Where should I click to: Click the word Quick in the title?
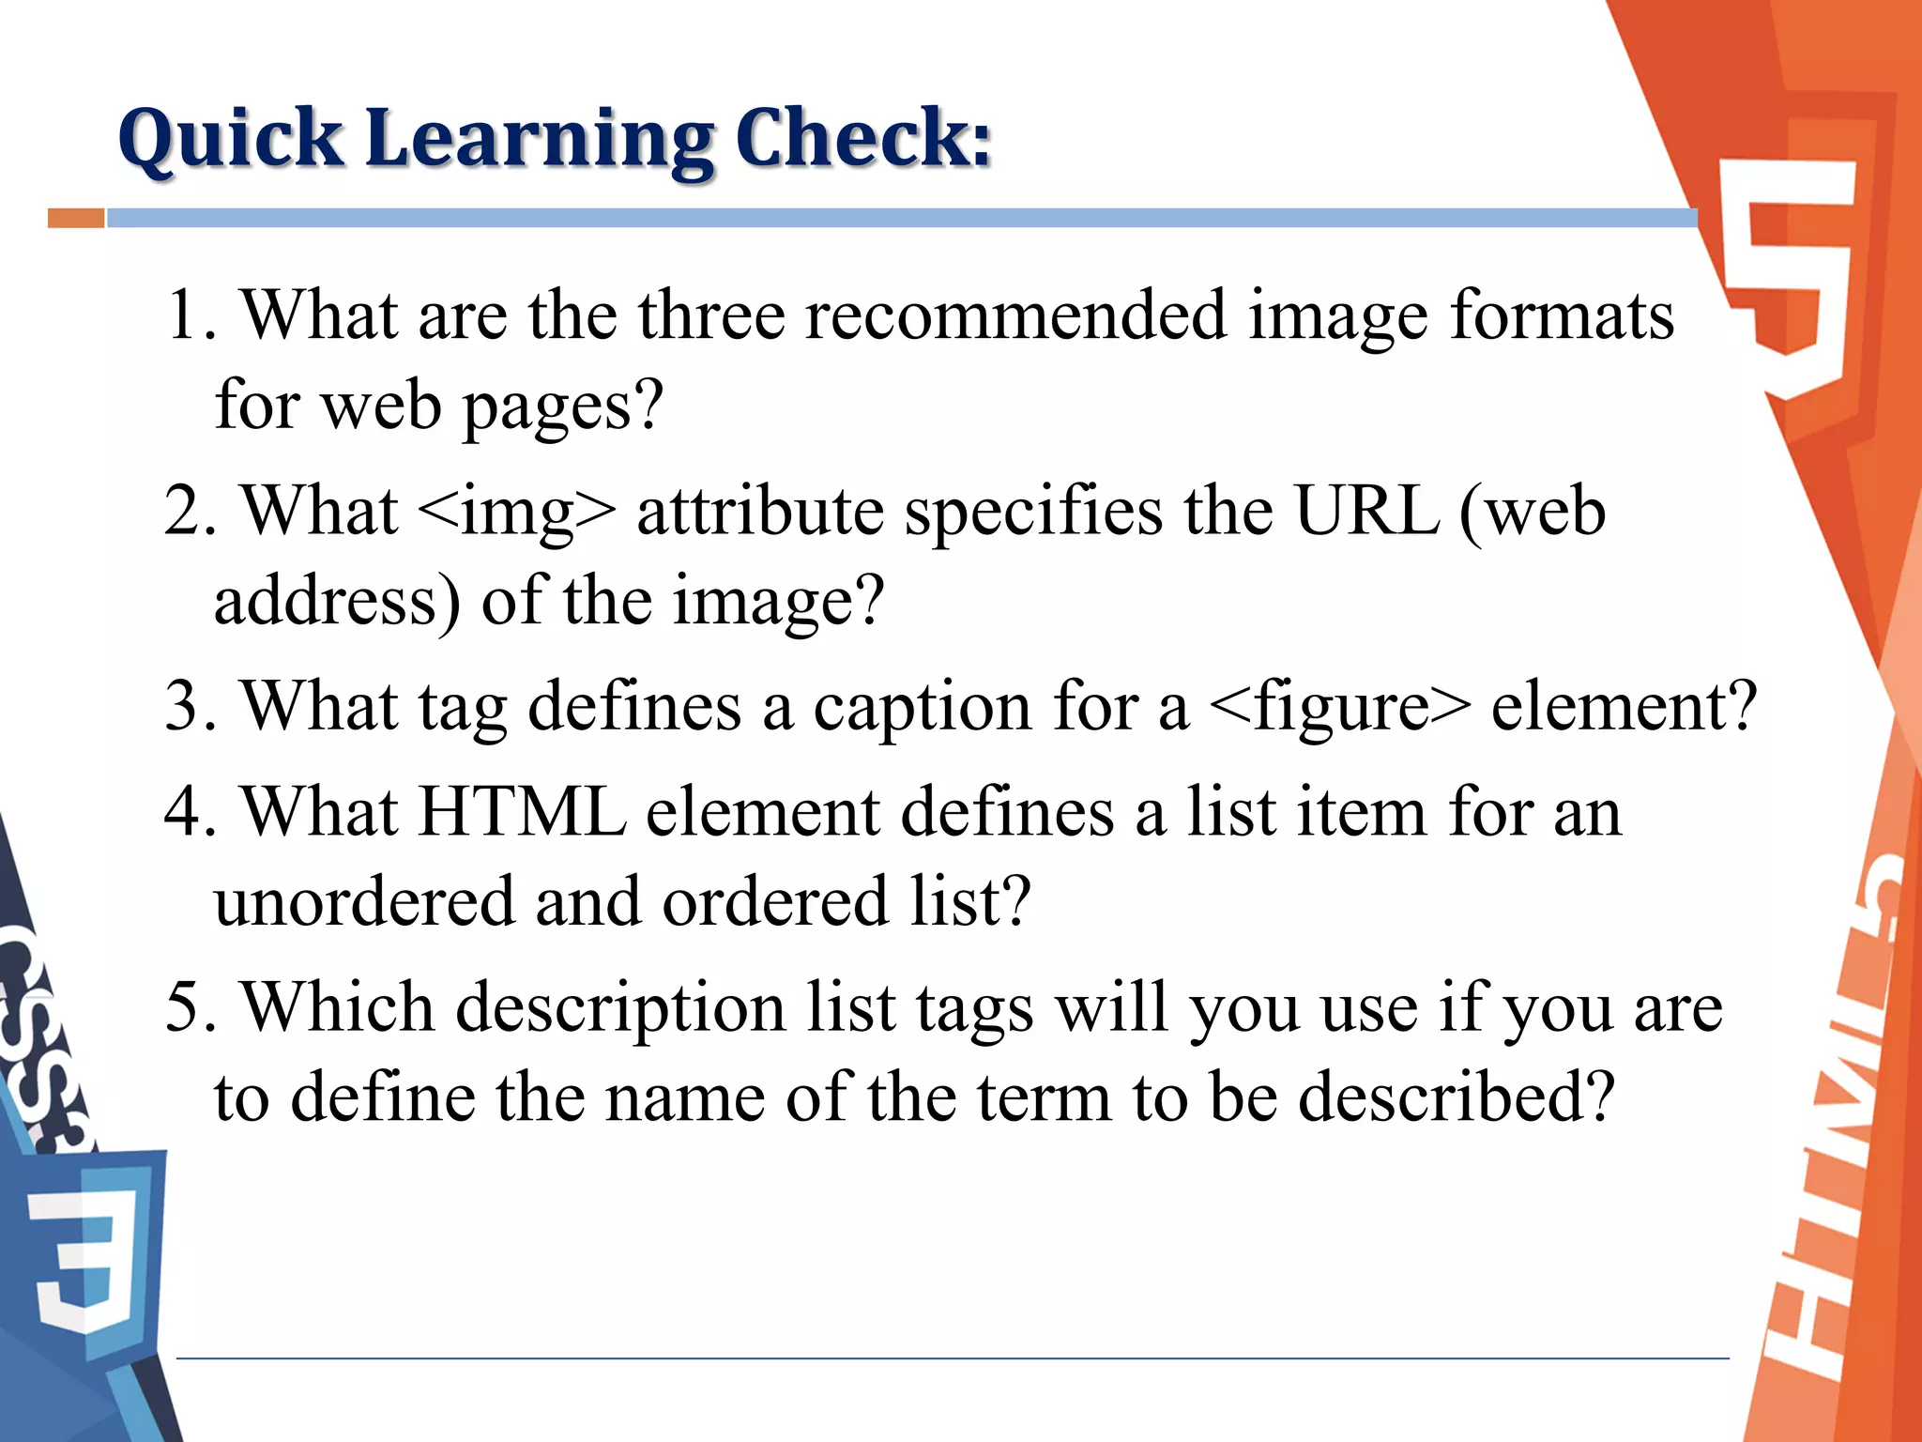tap(231, 139)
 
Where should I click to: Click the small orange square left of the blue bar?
tap(76, 218)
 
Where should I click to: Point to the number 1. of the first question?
tap(191, 315)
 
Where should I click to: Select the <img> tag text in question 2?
tap(516, 513)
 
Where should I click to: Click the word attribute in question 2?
tap(760, 513)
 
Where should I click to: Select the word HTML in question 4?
tap(522, 811)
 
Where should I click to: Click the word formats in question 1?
tap(1562, 315)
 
